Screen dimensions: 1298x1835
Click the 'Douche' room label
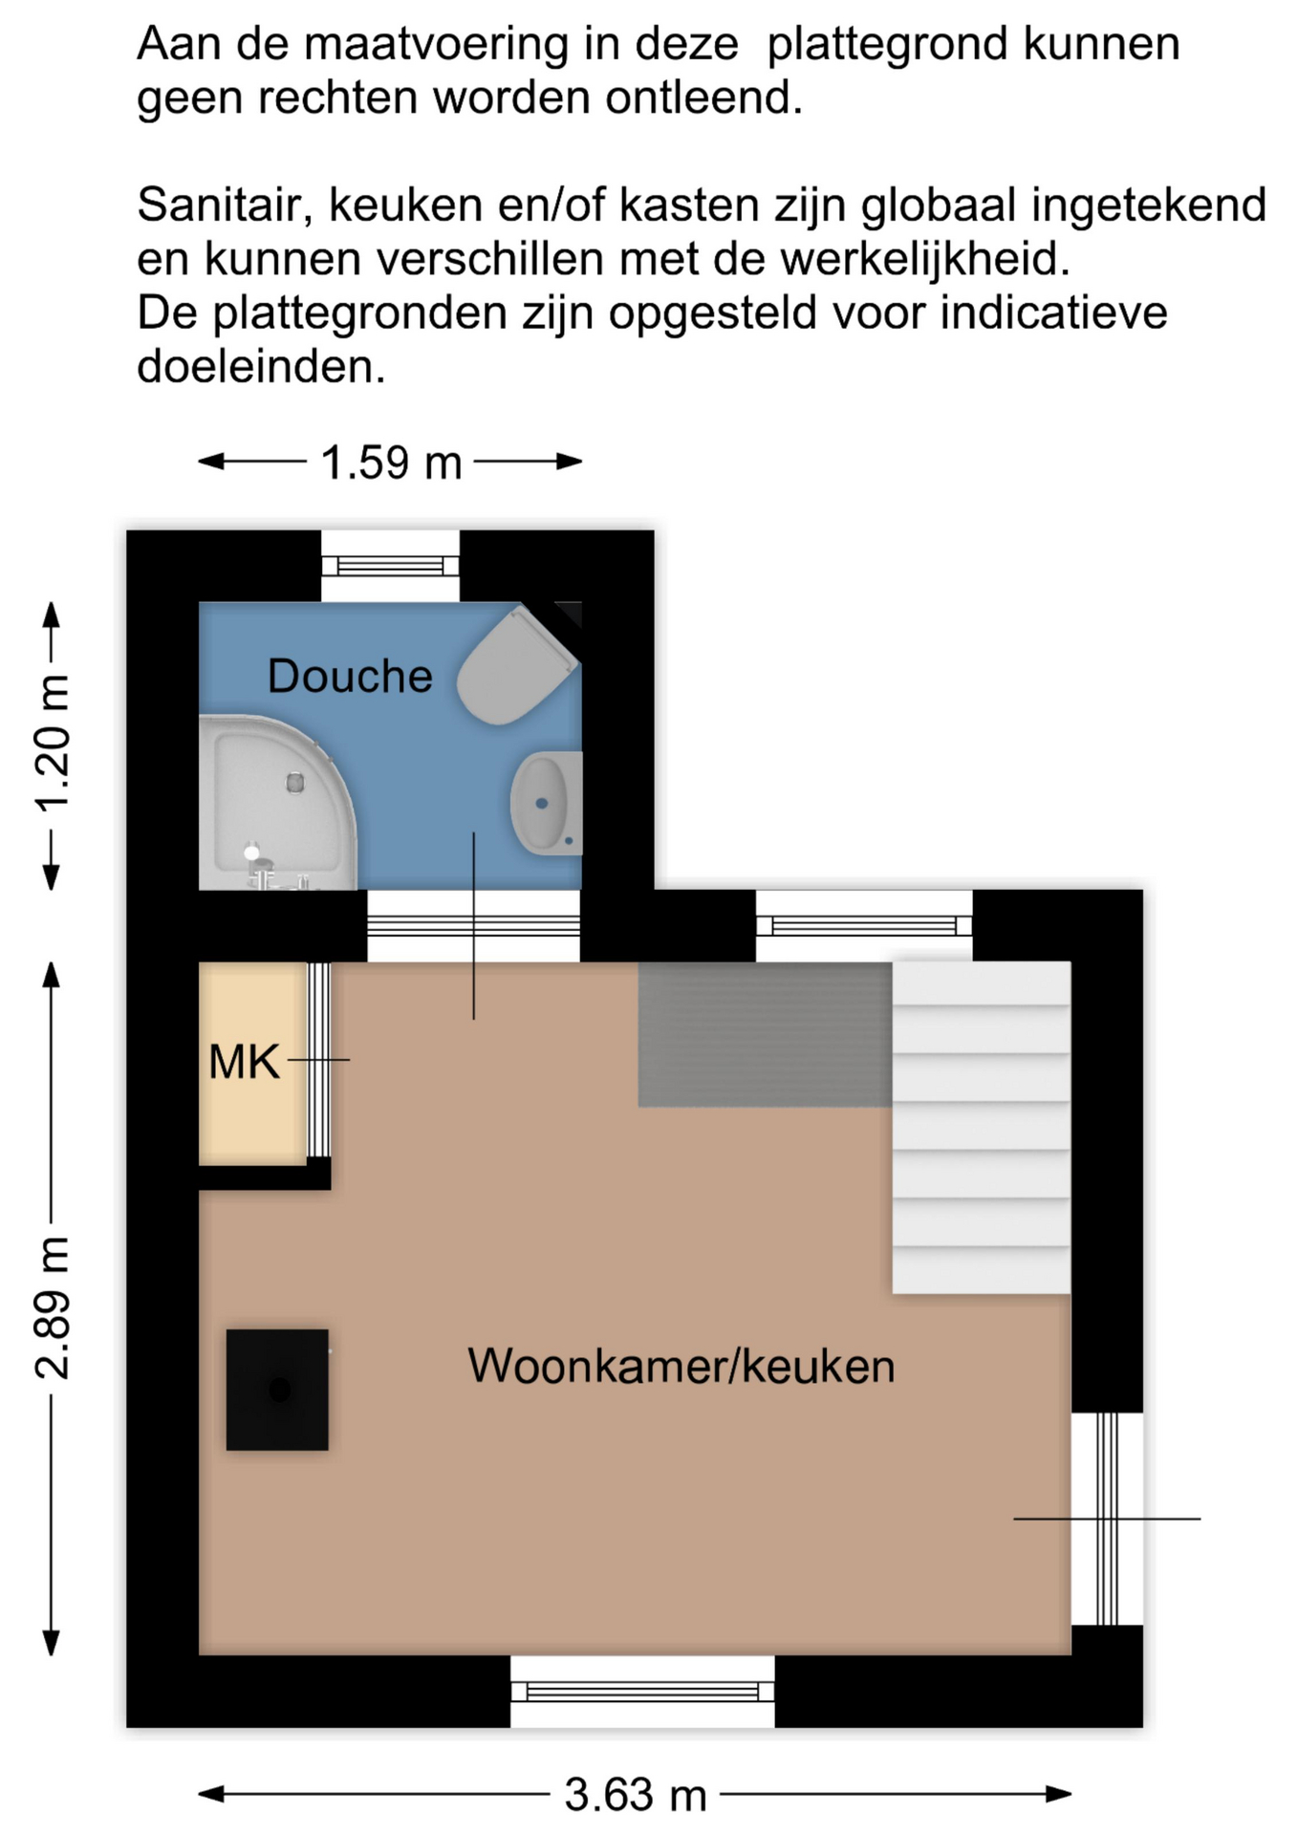[350, 677]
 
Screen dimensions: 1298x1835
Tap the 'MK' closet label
[245, 1063]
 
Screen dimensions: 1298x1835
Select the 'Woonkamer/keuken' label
[681, 1366]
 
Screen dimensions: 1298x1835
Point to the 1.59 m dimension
[391, 463]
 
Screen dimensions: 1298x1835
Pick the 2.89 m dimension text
[53, 1307]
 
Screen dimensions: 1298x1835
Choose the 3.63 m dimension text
[636, 1795]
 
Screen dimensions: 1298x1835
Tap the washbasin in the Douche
[546, 803]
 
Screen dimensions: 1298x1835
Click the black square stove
[277, 1390]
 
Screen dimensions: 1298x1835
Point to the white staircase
[982, 1128]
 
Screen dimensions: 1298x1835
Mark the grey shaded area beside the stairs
[766, 1035]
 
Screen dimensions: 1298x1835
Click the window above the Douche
[390, 566]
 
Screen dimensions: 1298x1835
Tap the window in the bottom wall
[642, 1692]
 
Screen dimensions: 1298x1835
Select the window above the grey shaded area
[864, 925]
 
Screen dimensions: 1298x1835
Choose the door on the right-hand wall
[1107, 1519]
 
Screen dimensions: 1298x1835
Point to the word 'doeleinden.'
[261, 367]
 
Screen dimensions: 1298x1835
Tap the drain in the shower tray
[295, 783]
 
